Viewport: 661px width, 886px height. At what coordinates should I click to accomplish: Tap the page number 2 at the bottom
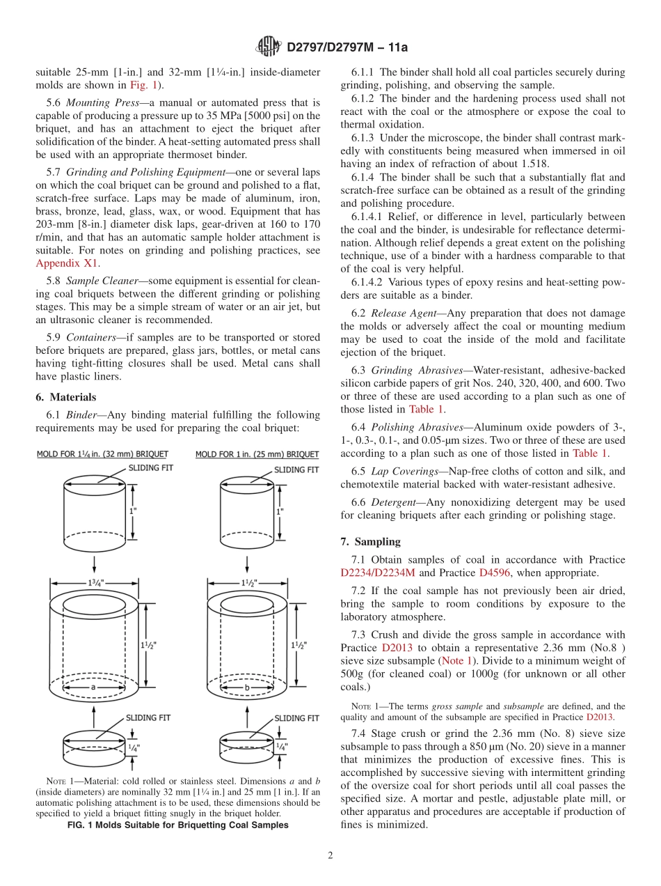coord(330,855)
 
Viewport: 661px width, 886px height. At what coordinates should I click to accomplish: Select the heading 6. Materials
coord(65,397)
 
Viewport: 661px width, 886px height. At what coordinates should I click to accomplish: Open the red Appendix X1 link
coord(67,263)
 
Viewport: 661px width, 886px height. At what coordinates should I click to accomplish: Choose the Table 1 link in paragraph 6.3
coord(425,409)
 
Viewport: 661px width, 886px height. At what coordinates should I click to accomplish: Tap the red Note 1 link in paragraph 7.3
coord(457,660)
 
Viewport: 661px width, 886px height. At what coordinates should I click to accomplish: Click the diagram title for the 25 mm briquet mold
coord(257,455)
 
